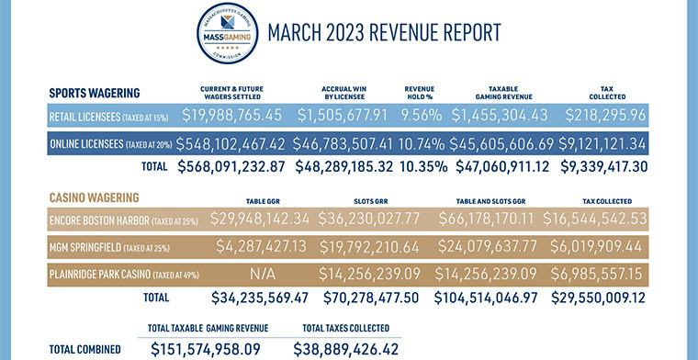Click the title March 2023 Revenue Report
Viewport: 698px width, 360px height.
pyautogui.click(x=384, y=34)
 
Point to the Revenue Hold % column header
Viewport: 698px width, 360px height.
pyautogui.click(x=424, y=92)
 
